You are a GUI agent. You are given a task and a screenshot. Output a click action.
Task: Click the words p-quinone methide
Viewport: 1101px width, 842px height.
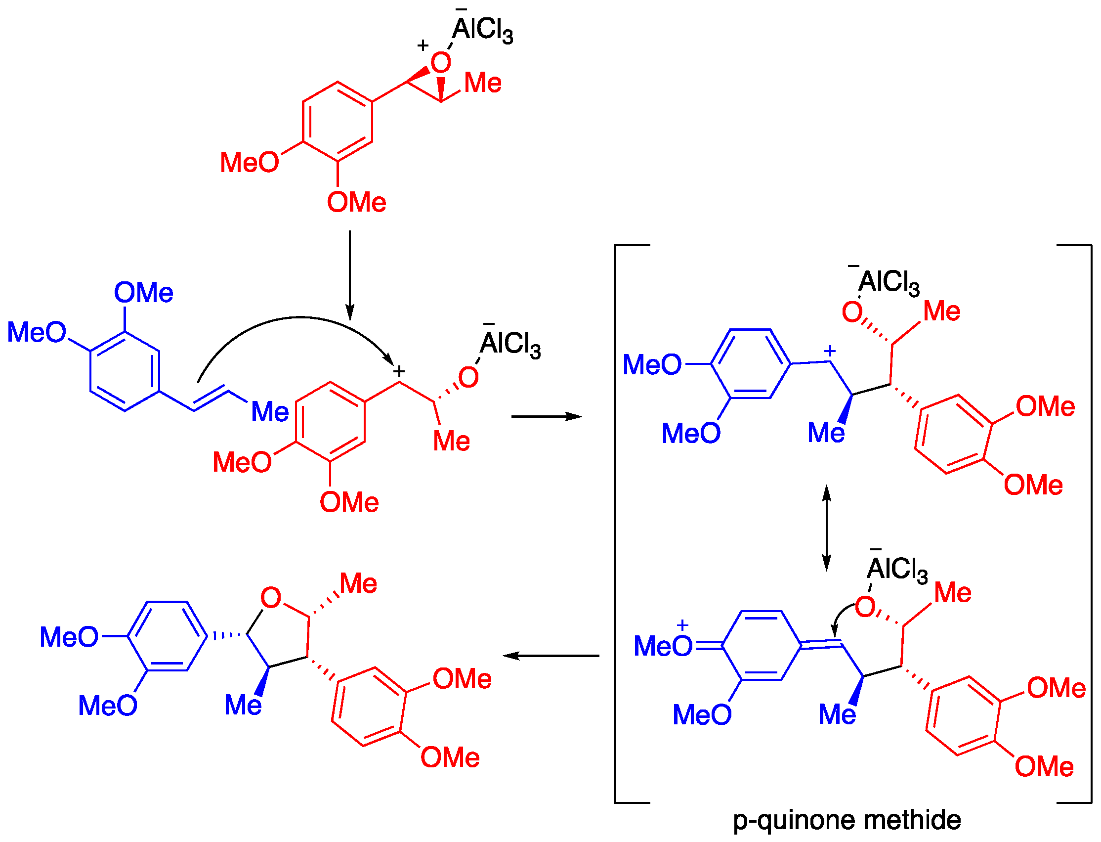tap(847, 820)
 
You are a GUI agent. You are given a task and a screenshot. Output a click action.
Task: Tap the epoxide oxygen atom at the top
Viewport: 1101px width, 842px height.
tap(441, 63)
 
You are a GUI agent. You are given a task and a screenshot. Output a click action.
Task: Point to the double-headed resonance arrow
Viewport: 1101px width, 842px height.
tap(827, 528)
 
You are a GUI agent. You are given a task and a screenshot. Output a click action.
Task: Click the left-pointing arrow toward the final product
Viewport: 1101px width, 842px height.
tap(550, 656)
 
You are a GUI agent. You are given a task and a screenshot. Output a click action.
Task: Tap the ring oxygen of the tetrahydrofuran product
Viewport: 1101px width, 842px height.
tap(271, 597)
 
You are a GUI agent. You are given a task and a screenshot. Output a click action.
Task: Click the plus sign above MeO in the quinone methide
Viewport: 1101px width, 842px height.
tap(682, 625)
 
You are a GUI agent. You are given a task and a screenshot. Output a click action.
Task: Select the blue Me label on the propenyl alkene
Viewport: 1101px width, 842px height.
tap(269, 412)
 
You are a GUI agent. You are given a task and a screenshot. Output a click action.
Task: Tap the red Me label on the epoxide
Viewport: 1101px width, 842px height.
tap(483, 83)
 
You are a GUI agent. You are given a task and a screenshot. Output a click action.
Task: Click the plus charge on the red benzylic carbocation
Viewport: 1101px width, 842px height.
tap(399, 371)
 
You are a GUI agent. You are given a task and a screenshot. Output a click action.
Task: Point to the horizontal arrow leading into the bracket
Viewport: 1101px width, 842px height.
tap(546, 416)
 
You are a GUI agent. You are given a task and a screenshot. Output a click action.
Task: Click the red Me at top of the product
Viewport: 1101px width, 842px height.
tap(358, 583)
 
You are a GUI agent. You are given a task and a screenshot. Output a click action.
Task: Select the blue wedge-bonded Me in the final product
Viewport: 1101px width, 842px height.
tap(243, 705)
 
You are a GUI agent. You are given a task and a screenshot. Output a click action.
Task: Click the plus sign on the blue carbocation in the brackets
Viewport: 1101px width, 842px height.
tap(830, 351)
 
